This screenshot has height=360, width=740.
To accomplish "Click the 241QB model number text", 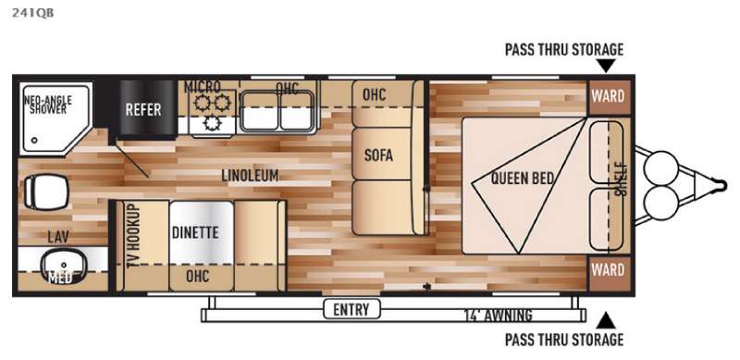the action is point(32,13).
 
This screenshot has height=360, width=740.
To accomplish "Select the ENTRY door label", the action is point(351,309).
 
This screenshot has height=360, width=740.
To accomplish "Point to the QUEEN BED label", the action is point(522,178).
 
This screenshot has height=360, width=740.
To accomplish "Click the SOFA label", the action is point(378,155).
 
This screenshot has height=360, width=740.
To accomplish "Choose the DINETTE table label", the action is point(195,232).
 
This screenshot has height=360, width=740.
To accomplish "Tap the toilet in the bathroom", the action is point(45,192).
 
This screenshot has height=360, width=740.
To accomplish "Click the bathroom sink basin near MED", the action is point(64,265).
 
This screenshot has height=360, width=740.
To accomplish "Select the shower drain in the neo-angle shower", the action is point(34,141).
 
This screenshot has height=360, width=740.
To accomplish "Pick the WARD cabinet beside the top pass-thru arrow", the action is point(609,97).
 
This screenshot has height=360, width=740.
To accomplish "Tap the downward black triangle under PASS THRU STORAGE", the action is point(606,66).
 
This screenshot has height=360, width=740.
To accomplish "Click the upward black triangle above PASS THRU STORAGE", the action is point(606,321).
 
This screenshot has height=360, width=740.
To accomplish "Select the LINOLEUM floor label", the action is point(250,176).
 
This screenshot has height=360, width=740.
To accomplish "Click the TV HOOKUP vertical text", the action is point(134,236).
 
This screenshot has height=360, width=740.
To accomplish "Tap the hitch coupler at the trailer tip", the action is point(721,185).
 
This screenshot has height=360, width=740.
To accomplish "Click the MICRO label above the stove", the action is point(202,87).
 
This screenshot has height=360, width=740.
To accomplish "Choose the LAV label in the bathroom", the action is point(58,237).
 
